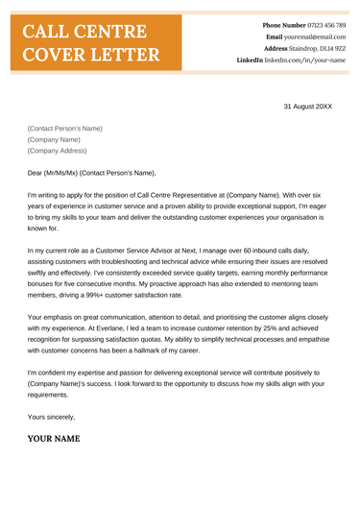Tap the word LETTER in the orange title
point(124,54)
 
